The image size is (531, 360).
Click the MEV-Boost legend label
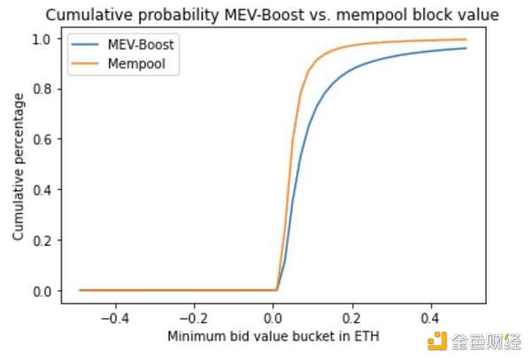(x=138, y=44)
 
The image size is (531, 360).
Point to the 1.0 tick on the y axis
(x=45, y=39)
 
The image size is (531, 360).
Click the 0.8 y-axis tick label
(x=45, y=89)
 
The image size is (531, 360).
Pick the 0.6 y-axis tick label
(x=45, y=140)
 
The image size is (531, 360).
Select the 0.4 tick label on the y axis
(x=45, y=189)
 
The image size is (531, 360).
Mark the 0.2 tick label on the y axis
(x=45, y=240)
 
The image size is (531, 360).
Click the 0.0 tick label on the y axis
(x=45, y=290)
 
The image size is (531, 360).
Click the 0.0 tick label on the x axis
(x=276, y=316)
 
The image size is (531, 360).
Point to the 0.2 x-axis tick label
(x=354, y=316)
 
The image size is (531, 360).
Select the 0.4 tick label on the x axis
(x=432, y=316)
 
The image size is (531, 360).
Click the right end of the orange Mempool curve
(x=467, y=40)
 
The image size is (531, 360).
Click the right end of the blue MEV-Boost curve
(x=467, y=48)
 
